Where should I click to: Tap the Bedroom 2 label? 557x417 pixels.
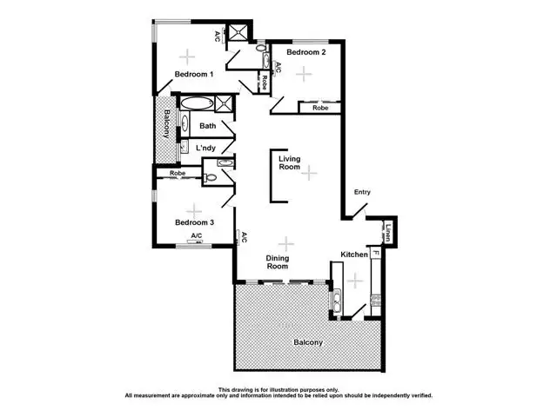pos(306,52)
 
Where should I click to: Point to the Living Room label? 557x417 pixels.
pos(290,164)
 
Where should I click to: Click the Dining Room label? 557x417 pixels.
pos(277,261)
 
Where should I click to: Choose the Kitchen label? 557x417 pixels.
pos(354,254)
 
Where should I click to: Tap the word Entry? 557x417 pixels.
pos(362,193)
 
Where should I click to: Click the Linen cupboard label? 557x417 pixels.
pos(390,233)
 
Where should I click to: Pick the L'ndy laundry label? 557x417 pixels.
pos(205,149)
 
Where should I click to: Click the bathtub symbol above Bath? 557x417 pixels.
pos(195,103)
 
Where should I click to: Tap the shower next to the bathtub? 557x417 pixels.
pos(225,103)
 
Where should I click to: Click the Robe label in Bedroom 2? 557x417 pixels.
pos(320,108)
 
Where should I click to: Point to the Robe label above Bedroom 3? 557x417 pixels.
pos(178,173)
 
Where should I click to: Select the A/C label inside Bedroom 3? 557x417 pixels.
pos(197,235)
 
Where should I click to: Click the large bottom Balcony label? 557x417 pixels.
pos(308,342)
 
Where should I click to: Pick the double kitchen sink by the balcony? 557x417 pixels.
pos(336,301)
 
